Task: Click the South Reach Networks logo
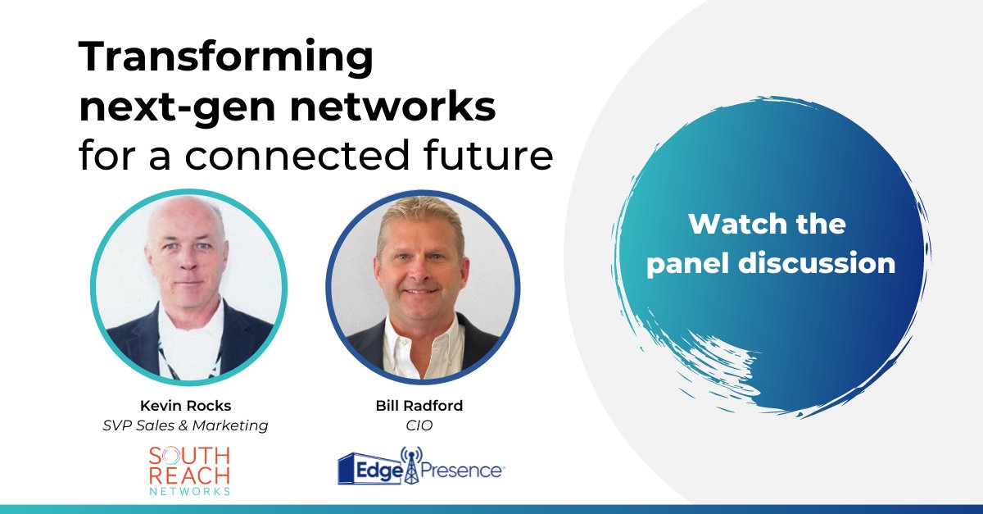[x=188, y=470]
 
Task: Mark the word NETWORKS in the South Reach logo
[x=188, y=490]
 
